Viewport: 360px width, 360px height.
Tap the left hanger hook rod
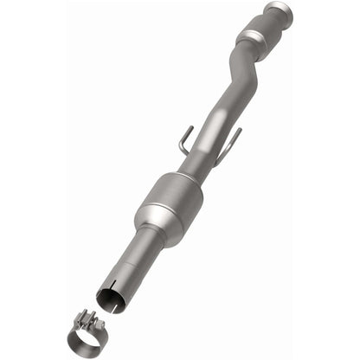coord(184,141)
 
